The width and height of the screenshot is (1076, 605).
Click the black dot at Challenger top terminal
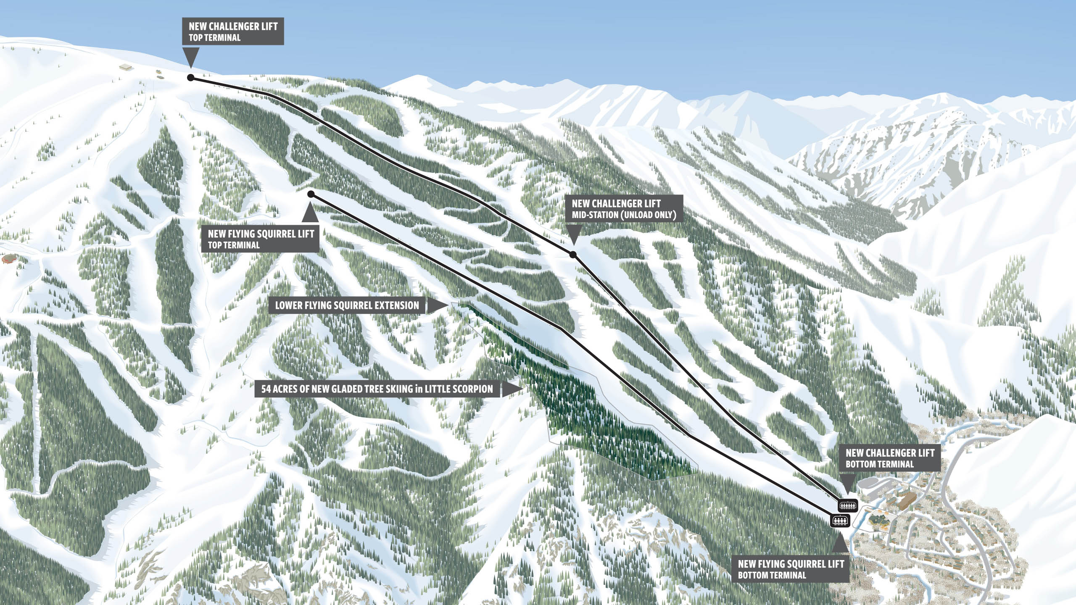(x=190, y=78)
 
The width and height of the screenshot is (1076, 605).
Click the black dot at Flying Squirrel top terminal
(x=311, y=194)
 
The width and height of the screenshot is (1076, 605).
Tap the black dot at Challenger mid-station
(x=572, y=255)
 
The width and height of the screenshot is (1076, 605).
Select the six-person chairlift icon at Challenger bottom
(x=848, y=505)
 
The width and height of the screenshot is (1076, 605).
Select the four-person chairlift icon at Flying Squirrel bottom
(x=840, y=521)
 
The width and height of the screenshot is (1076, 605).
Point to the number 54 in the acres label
(x=266, y=389)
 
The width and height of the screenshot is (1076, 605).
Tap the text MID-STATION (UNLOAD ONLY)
(x=624, y=215)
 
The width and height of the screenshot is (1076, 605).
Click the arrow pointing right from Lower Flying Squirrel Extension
(x=436, y=305)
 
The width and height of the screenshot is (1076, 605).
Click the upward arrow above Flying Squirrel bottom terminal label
(x=840, y=542)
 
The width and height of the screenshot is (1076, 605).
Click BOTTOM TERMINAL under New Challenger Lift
(x=880, y=464)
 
